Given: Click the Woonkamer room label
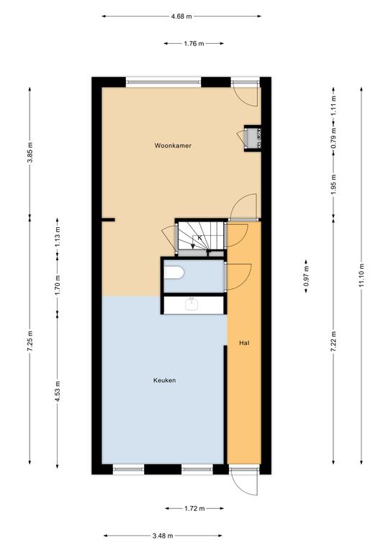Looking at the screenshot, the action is click(173, 145).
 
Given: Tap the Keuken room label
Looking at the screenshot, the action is click(164, 380).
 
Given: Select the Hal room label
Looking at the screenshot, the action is click(244, 343).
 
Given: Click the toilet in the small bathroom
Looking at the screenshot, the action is click(174, 272).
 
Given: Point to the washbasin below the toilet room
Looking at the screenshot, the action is click(192, 304).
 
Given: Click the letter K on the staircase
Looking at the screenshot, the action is click(199, 238).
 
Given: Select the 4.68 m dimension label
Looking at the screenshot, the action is click(181, 17).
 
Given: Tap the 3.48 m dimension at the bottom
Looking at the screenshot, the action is click(163, 535).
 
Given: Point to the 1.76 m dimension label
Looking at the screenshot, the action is click(194, 44).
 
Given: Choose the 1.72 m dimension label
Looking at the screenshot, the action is click(194, 508).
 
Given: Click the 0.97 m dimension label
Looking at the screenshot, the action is click(306, 276).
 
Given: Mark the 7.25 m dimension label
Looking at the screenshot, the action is click(30, 341).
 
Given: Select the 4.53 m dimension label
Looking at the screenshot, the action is click(58, 391).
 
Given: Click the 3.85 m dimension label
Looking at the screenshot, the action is click(30, 152).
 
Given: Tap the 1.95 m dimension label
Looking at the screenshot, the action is click(333, 185).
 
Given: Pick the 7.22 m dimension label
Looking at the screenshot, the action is click(333, 341).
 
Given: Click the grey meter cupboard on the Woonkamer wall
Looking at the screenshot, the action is click(253, 138).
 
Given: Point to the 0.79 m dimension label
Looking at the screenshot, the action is click(333, 138).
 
